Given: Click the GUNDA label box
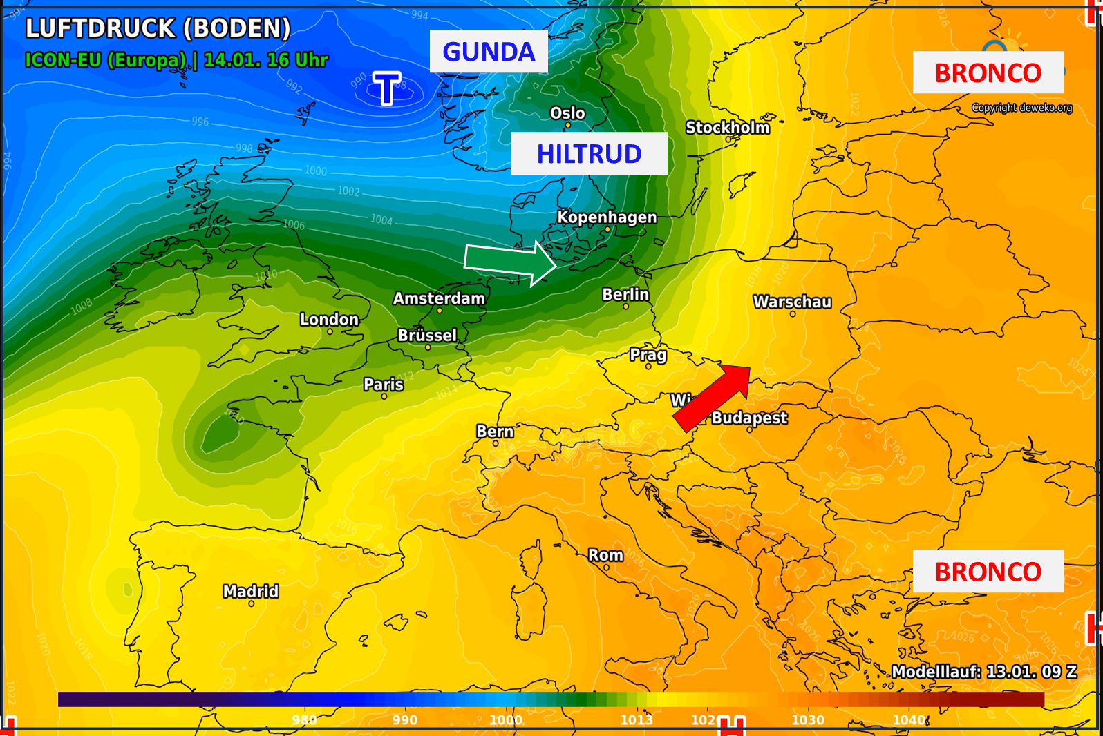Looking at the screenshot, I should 489,52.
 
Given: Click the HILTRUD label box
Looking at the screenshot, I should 589,154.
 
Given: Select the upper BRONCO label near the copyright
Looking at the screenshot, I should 988,72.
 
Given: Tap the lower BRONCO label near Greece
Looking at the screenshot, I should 988,572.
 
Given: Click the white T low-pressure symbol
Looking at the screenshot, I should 386,88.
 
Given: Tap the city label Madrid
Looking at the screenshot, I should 251,591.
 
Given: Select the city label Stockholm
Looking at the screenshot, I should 727,128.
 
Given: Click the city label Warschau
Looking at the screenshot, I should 792,302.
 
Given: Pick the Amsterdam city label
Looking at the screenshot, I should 439,298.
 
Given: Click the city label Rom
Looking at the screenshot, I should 605,555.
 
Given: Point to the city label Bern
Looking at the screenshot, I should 495,432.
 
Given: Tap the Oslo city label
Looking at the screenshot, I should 567,113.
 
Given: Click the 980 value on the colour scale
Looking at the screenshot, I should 304,719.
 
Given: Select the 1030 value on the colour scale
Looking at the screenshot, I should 807,719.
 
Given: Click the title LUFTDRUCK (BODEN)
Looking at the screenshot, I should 158,28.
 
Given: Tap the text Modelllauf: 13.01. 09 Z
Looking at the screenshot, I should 984,671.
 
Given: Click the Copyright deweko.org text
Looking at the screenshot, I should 1021,108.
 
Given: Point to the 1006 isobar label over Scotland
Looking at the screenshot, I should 294,224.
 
